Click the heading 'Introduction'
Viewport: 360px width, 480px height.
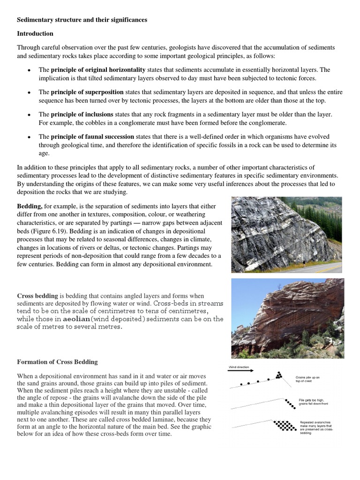click(x=35, y=34)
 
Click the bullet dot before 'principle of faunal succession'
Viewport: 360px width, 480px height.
click(x=30, y=137)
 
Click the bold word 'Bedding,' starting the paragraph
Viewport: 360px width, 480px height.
click(x=30, y=206)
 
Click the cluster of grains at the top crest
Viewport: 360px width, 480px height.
click(x=279, y=375)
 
